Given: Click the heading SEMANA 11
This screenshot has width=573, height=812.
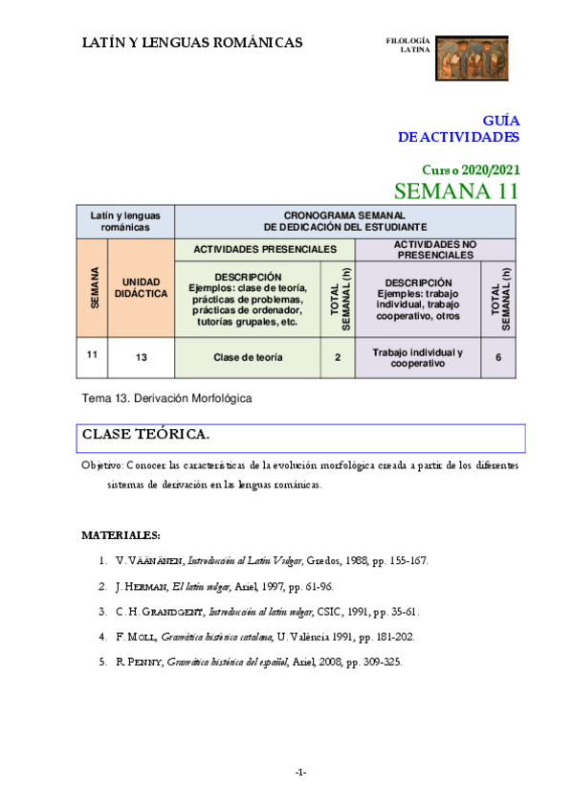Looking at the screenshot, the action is click(456, 191).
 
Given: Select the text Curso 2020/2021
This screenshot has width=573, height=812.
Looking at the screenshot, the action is click(471, 169).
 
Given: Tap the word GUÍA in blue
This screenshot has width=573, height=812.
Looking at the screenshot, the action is click(500, 122).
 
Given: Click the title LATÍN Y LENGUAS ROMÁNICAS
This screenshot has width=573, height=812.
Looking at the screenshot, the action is click(192, 42).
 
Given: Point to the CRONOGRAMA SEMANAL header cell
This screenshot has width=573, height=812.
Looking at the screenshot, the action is click(345, 221).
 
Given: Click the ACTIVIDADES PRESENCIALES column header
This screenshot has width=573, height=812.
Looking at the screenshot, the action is click(265, 249).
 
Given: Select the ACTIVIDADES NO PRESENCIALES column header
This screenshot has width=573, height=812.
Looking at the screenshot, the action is click(435, 250).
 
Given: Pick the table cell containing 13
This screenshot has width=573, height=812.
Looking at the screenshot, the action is click(142, 357).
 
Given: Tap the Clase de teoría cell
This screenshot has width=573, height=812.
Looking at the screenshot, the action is click(248, 357).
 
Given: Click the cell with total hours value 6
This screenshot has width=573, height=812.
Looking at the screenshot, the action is click(498, 357).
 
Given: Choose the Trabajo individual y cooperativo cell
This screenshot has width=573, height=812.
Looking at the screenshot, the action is click(417, 357).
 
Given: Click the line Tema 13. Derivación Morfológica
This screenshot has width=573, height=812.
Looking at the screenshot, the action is click(168, 397).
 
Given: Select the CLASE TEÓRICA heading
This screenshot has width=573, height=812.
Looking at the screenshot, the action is click(145, 435).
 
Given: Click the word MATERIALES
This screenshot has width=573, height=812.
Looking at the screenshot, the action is click(121, 533).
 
